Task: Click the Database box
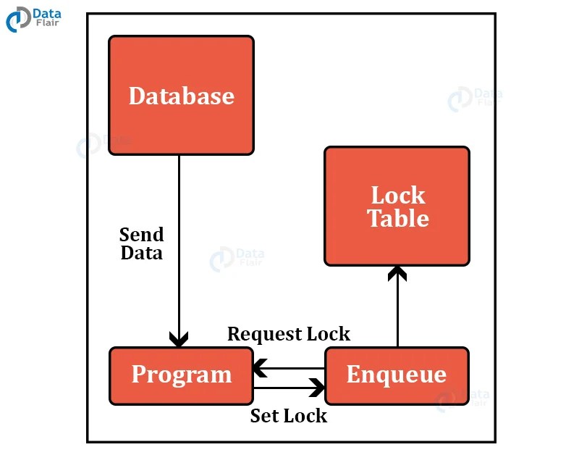(x=181, y=95)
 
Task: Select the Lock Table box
(x=397, y=206)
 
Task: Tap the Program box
(x=181, y=375)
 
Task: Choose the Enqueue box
(x=397, y=375)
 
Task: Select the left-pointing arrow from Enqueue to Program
(x=289, y=368)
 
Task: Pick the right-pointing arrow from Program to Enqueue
(x=289, y=388)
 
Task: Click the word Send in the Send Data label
(x=141, y=235)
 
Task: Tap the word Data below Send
(x=141, y=253)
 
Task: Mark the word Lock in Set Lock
(x=305, y=416)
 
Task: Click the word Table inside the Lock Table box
(x=397, y=218)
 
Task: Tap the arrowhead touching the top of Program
(x=179, y=339)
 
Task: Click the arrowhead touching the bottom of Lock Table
(x=397, y=273)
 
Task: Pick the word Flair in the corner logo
(x=48, y=24)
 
